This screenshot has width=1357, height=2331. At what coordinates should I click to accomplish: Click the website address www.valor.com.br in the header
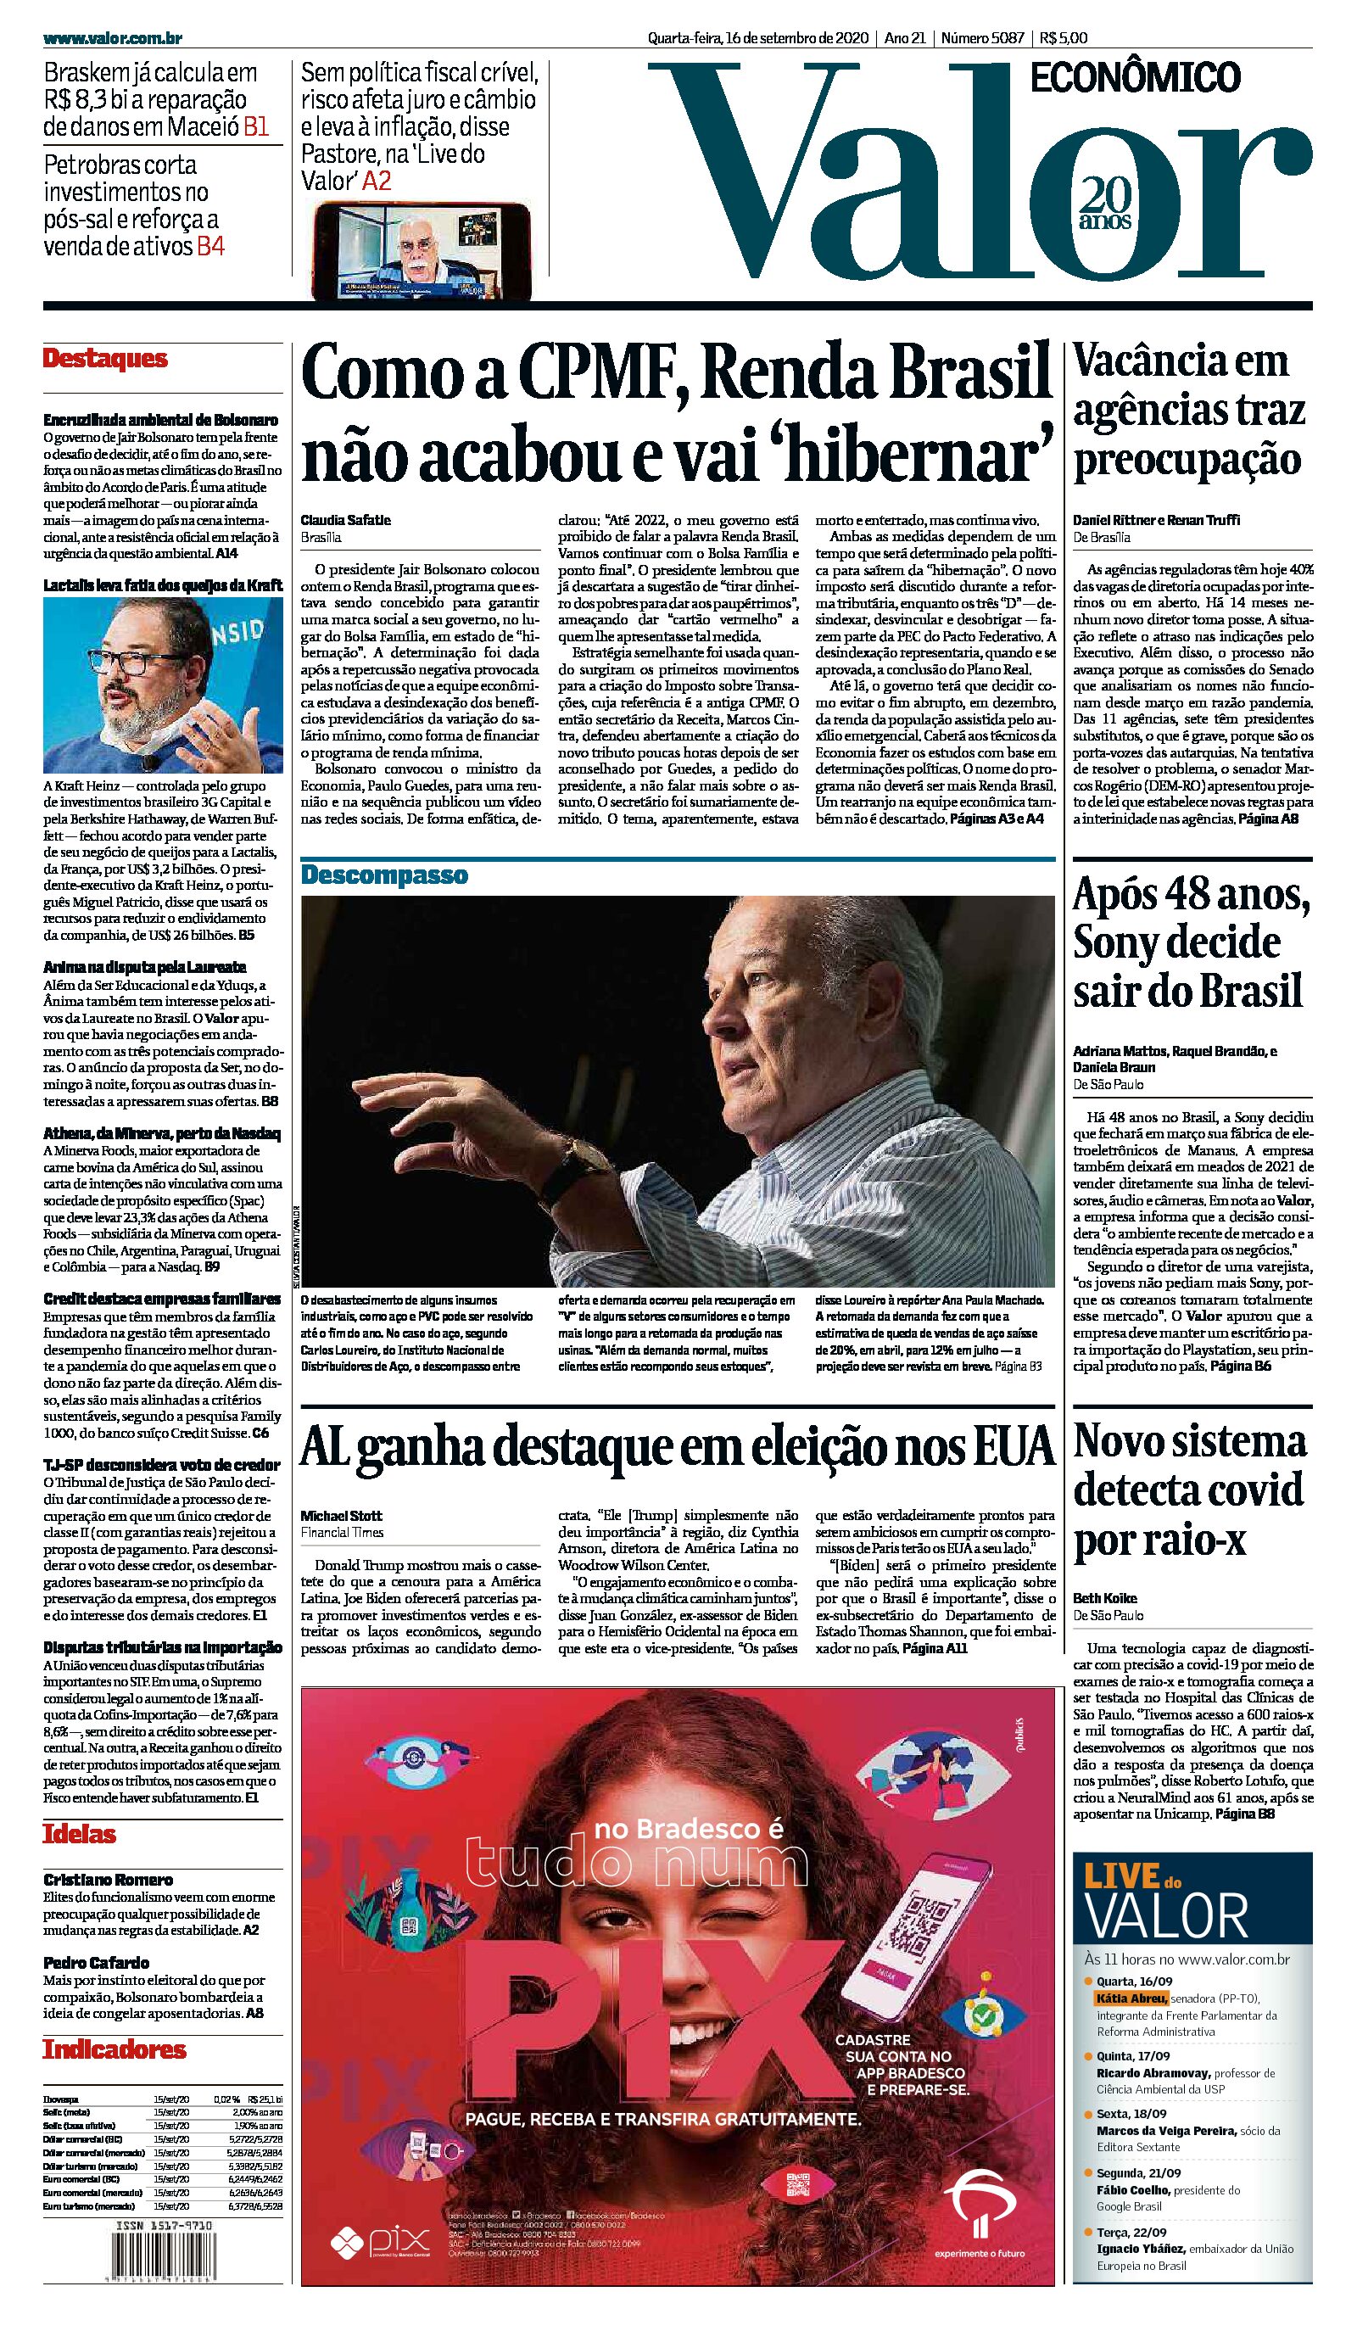(x=112, y=38)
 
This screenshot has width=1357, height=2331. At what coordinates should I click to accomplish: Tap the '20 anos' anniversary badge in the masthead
(x=1105, y=205)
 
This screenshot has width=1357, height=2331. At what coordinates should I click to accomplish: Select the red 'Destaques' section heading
(x=105, y=359)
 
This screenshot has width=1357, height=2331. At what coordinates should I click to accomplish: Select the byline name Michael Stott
(x=341, y=1515)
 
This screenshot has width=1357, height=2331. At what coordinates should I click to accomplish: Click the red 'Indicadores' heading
(x=114, y=2049)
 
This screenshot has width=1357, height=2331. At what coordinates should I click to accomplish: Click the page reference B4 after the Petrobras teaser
(x=210, y=247)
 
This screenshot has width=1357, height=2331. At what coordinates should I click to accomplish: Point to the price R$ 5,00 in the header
(x=1063, y=38)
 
